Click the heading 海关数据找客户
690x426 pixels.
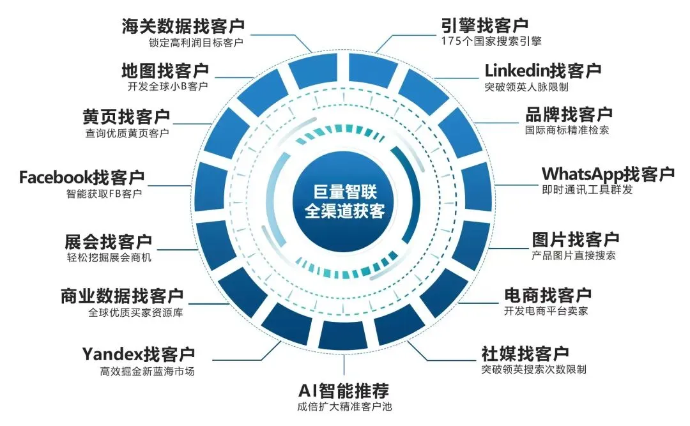(x=183, y=26)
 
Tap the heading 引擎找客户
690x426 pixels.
(x=484, y=26)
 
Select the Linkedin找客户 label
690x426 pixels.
(x=543, y=70)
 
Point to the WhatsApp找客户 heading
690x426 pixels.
(x=608, y=174)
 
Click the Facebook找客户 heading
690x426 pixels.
(x=82, y=178)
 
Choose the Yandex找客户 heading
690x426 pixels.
(x=139, y=354)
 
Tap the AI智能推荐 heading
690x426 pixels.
(x=344, y=390)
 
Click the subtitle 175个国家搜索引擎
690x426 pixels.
(x=491, y=42)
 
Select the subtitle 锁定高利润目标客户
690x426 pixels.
(x=196, y=43)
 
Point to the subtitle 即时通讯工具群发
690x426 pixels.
(x=588, y=190)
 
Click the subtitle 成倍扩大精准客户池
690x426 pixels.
(x=344, y=407)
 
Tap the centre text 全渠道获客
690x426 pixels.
(x=344, y=211)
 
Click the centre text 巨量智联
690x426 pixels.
(x=345, y=192)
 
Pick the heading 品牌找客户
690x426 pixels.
(x=569, y=114)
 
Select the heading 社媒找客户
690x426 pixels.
(x=525, y=353)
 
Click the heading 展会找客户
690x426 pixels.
(x=108, y=241)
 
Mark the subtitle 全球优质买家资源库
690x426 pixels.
(x=135, y=312)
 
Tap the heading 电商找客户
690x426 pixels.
(x=548, y=295)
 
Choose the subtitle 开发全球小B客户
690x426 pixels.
(x=167, y=86)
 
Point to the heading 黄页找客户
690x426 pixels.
(x=126, y=117)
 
